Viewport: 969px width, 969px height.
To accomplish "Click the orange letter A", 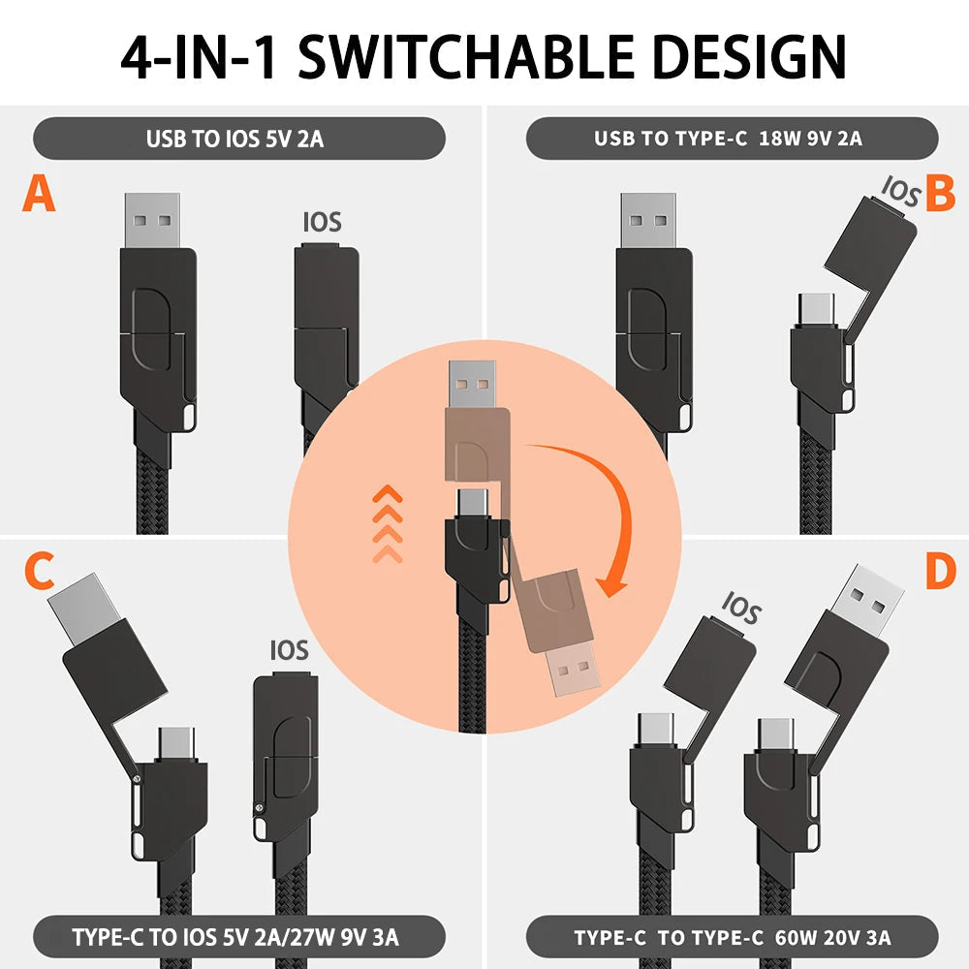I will tap(40, 193).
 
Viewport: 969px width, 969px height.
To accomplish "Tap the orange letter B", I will tap(940, 193).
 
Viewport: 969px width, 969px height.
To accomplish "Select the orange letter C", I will tap(39, 573).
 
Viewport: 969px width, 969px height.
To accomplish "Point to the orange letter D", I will tap(940, 573).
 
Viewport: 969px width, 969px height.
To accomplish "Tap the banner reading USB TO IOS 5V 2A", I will tap(239, 138).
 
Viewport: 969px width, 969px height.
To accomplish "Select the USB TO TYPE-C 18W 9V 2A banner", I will tap(732, 138).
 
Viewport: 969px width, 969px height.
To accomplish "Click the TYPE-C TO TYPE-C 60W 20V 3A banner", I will tap(732, 937).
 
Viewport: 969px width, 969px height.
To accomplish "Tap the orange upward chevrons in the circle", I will tap(388, 523).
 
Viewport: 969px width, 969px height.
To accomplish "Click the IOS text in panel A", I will tap(323, 222).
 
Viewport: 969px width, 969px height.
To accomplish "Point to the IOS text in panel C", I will tap(290, 650).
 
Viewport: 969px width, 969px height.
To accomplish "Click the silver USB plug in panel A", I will tap(152, 221).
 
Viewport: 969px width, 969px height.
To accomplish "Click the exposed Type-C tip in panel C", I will tap(176, 741).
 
